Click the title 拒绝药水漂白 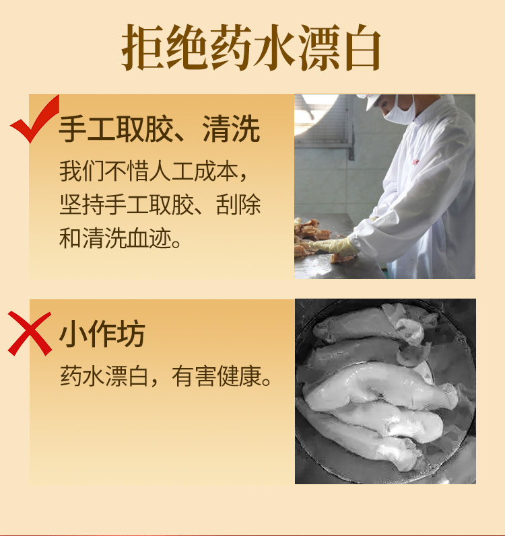(251, 47)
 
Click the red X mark (30, 334)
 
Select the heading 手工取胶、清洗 (160, 129)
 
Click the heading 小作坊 (102, 334)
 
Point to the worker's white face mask (399, 110)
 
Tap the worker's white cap (369, 100)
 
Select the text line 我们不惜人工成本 (154, 171)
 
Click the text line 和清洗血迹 (120, 238)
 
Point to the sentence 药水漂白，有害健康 (166, 376)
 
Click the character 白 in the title (363, 47)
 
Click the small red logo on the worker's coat (415, 161)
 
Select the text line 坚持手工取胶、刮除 (160, 204)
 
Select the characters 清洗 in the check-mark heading (231, 129)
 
